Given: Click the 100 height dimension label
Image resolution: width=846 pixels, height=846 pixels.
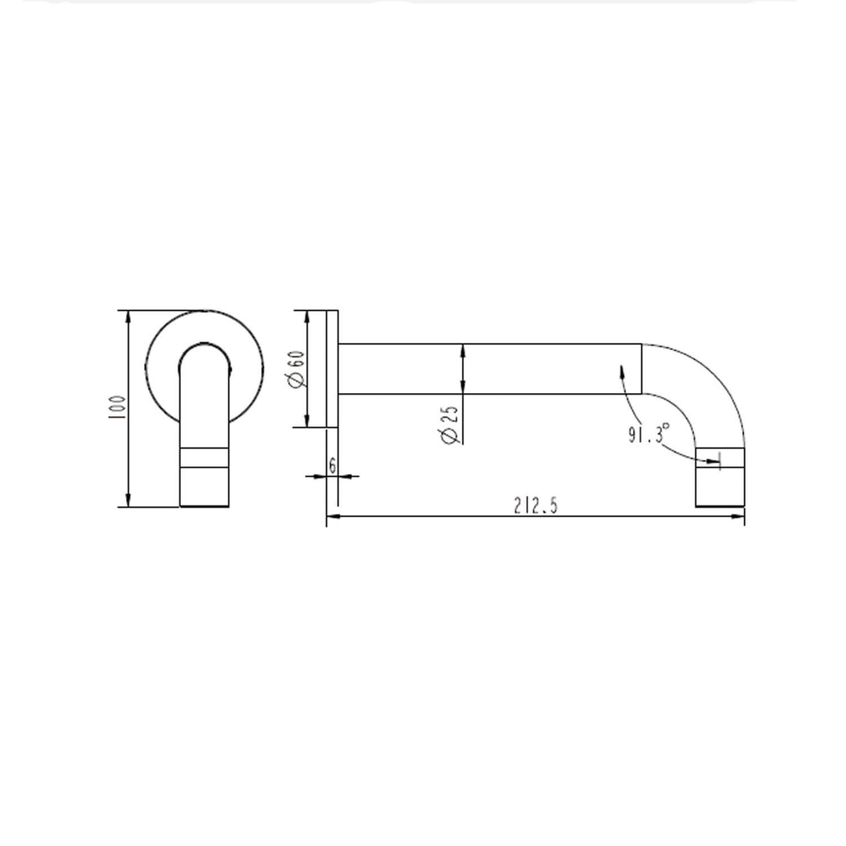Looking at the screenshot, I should click(117, 408).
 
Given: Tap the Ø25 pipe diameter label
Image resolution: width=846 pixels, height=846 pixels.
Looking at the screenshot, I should click(450, 425).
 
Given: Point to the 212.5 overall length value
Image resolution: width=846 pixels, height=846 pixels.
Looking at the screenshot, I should click(536, 506).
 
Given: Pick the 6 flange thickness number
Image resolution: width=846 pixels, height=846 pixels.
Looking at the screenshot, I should click(332, 466).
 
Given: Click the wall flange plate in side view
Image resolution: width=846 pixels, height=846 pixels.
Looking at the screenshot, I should click(332, 369).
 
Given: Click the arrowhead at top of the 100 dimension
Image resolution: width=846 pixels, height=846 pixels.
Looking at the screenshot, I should click(128, 316).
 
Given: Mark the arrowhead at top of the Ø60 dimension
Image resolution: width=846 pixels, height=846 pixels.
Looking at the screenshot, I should click(308, 316).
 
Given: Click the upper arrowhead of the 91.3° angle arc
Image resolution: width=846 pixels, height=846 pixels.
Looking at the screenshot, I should click(621, 369).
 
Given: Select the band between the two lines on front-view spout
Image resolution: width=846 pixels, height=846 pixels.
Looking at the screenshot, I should click(204, 458).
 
